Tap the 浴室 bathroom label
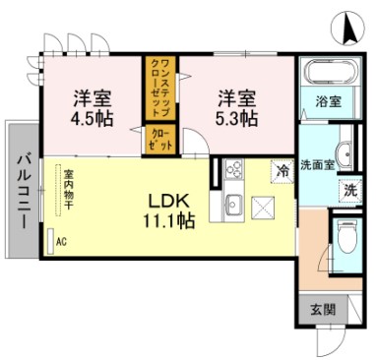click(329, 101)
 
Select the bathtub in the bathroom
click(328, 74)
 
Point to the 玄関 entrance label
click(322, 310)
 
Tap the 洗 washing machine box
click(350, 191)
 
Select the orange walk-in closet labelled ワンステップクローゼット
click(160, 89)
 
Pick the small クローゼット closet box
click(161, 140)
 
